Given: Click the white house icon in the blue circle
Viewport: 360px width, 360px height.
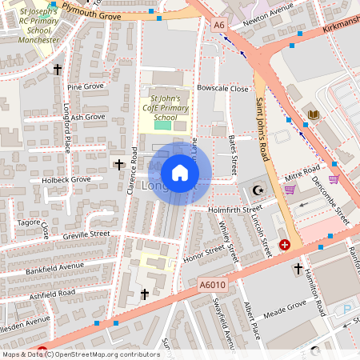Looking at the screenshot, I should pyautogui.click(x=180, y=172).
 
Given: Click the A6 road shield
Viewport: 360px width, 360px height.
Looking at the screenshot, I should pyautogui.click(x=219, y=26).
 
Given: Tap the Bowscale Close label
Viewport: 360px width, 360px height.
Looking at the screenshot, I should pyautogui.click(x=223, y=89).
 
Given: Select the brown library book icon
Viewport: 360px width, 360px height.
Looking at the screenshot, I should pyautogui.click(x=314, y=115).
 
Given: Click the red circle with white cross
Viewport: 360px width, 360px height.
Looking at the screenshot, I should pyautogui.click(x=285, y=245).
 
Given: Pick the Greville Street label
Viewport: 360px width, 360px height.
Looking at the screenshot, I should pyautogui.click(x=88, y=234).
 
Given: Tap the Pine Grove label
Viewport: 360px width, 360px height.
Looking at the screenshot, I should pyautogui.click(x=86, y=86).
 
